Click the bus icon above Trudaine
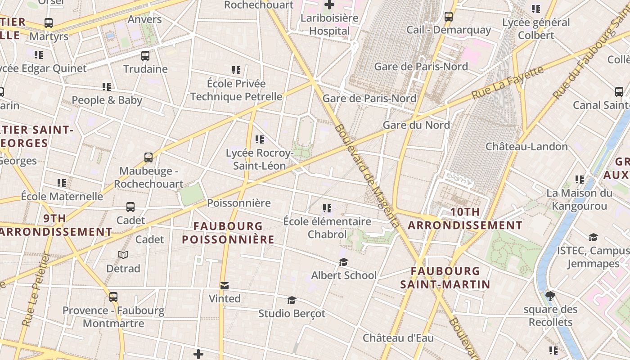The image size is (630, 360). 145,56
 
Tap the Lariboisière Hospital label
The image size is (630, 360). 329,24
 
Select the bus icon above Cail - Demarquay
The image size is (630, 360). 449,17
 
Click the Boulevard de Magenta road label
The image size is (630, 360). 366,175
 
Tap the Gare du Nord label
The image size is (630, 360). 416,125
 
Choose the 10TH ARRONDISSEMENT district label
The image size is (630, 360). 465,219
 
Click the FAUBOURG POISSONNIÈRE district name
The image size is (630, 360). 228,233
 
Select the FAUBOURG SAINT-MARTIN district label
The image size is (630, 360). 445,278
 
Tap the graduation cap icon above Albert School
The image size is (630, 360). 344,262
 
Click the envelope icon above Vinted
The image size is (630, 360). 225,286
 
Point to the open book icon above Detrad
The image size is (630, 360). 123,255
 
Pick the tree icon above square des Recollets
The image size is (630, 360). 550,296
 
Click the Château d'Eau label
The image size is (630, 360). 398,338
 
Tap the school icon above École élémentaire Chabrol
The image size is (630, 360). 327,208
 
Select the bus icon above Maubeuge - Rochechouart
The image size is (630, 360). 148,157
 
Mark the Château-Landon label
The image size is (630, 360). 526,147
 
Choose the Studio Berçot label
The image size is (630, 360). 292,313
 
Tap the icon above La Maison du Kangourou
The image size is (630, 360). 580,180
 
